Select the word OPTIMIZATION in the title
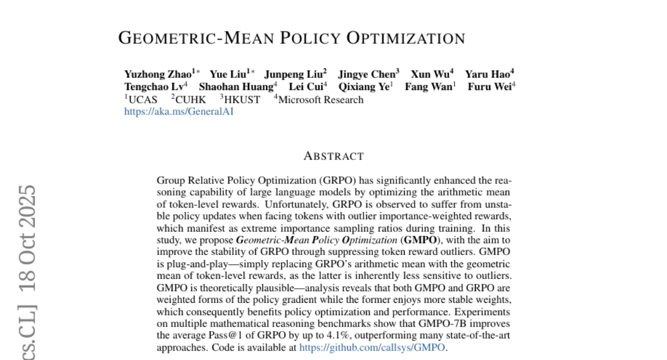point(406,38)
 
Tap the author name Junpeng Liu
point(292,74)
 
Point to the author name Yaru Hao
point(487,74)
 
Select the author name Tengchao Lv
point(153,87)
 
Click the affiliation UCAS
point(142,100)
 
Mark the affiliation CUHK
point(190,100)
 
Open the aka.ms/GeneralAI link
point(179,112)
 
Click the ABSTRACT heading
point(333,156)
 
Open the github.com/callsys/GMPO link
point(372,348)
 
